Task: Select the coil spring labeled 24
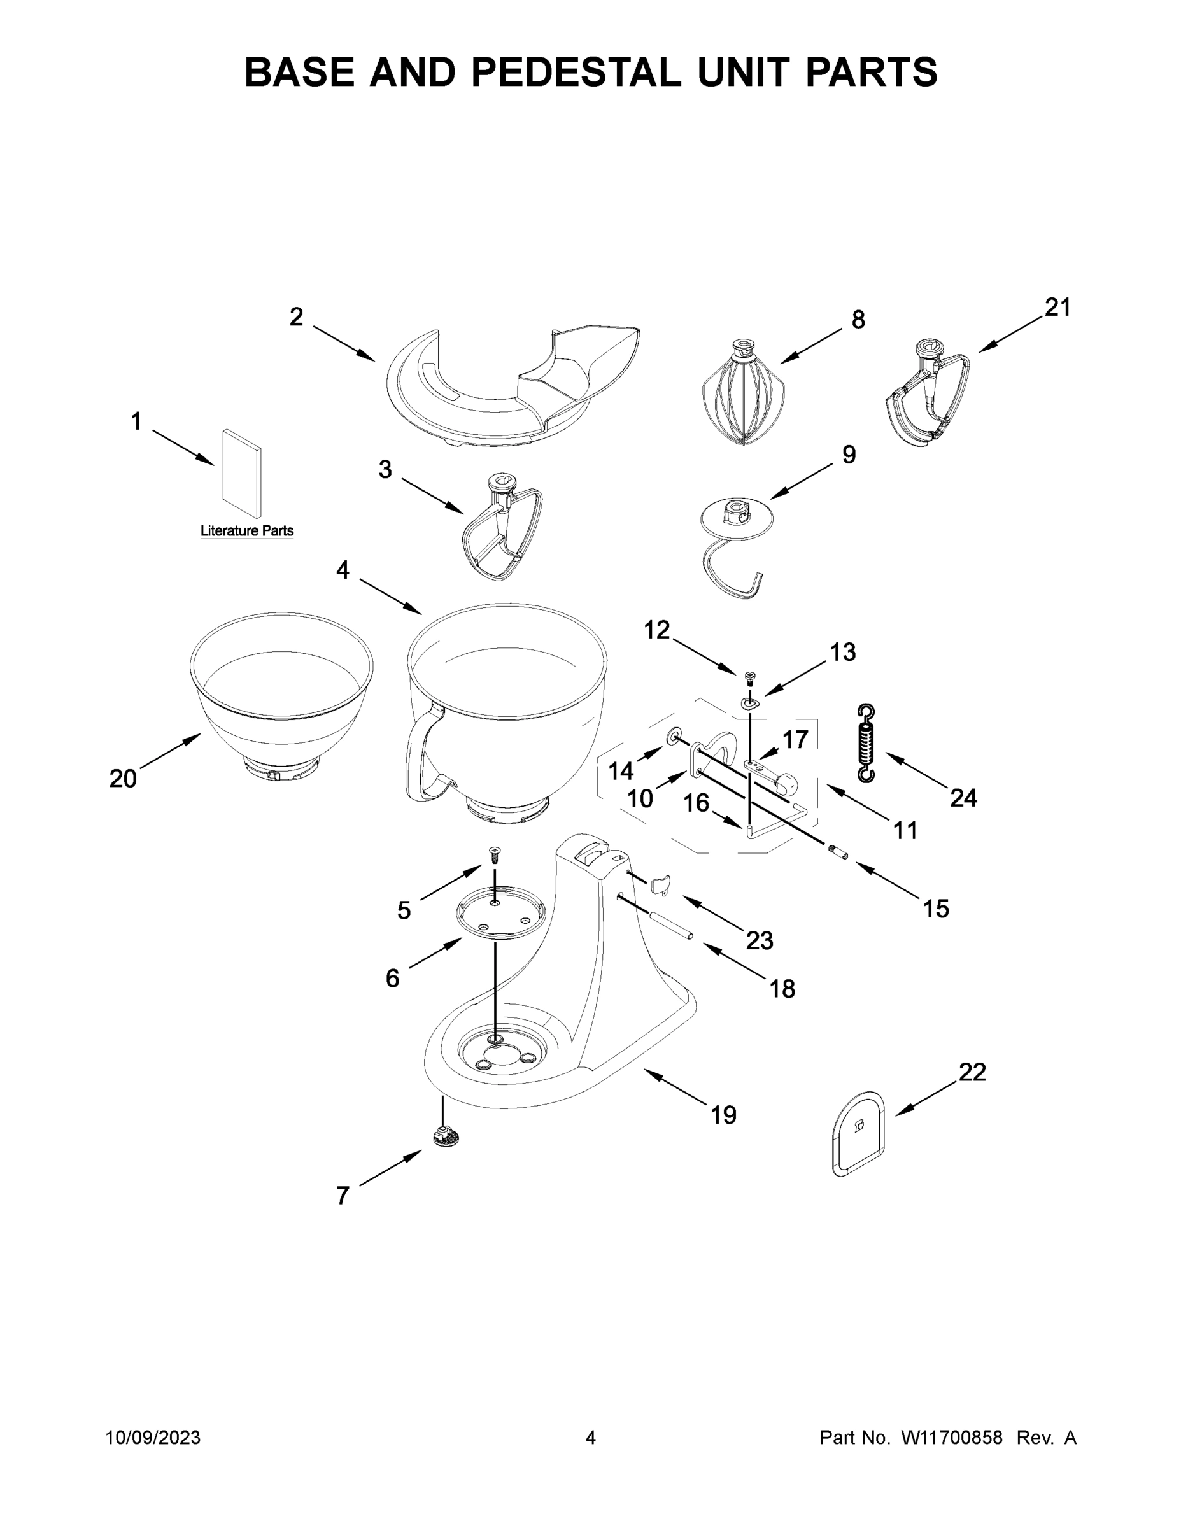pos(866,743)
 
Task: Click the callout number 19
pos(723,1115)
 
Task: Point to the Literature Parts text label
pos(247,531)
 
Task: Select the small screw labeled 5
pos(495,854)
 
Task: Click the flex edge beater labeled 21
pos(927,395)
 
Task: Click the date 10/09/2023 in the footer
pos(153,1438)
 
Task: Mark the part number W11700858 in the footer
pos(952,1438)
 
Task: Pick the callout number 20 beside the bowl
pos(123,778)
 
